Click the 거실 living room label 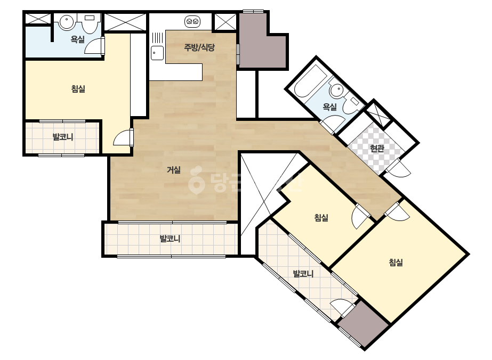pos(174,170)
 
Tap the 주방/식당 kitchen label pos(199,47)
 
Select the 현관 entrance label pos(377,148)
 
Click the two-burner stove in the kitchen pos(192,21)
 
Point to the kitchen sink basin pos(157,53)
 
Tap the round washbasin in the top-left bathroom pos(66,22)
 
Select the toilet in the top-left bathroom pos(90,23)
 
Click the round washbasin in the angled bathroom pos(337,91)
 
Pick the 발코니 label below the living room pos(170,239)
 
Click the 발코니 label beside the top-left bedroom pos(63,137)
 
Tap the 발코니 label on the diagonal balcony pos(303,274)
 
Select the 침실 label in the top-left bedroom pos(78,89)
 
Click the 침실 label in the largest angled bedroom pos(396,262)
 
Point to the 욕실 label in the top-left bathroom pos(77,39)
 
